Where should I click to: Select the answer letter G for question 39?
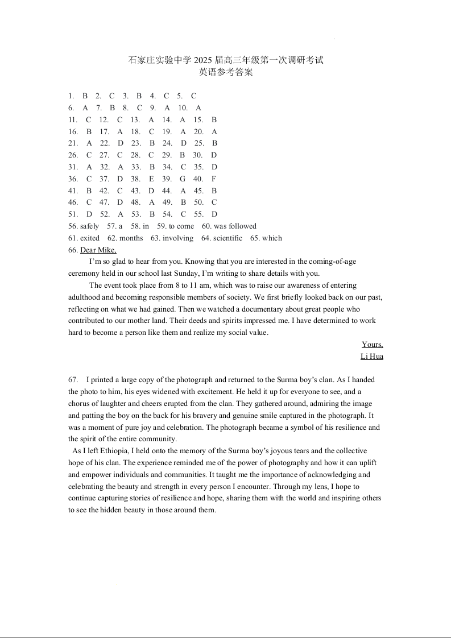(183, 179)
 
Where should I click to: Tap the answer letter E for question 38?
(151, 179)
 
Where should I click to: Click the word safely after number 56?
(89, 226)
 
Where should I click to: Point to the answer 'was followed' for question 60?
(235, 226)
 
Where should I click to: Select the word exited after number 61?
(90, 238)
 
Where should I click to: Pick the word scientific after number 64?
(227, 238)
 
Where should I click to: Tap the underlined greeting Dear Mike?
(98, 250)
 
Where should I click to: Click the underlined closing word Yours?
(373, 345)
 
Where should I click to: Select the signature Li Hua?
(372, 357)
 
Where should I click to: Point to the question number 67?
(73, 380)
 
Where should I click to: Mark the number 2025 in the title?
(202, 60)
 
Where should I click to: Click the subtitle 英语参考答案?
(226, 73)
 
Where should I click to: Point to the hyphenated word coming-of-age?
(332, 262)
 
